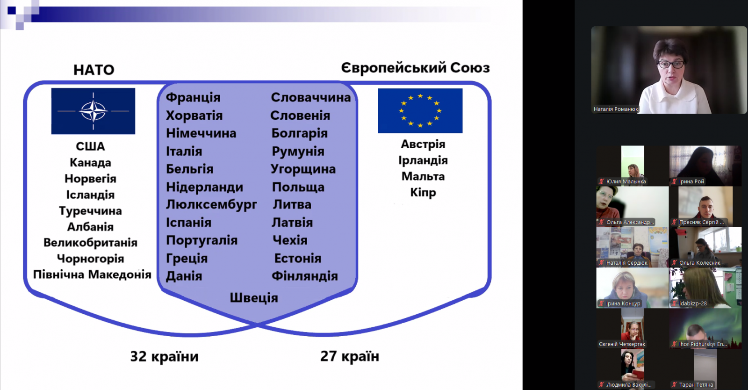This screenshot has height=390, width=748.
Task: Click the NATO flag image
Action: pos(93,111)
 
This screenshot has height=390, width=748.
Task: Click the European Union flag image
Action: pos(420,110)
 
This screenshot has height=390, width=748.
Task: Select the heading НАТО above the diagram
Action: pos(94,70)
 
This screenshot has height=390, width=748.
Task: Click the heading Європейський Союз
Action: pos(416,68)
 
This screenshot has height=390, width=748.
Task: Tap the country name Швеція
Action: pos(254,298)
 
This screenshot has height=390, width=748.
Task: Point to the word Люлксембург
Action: pos(211,205)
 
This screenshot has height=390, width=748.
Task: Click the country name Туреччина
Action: pos(91,211)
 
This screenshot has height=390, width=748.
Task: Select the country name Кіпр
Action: pos(423,193)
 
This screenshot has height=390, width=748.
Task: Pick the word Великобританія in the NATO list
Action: pos(91,243)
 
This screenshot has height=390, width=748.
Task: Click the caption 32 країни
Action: pos(164,357)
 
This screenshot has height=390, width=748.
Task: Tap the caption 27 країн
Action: pos(350,356)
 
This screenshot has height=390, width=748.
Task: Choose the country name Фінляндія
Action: pos(304,276)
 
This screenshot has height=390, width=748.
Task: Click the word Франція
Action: pos(193,97)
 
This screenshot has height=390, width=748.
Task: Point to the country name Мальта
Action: pos(423,176)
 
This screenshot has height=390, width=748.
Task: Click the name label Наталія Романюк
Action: pos(616,109)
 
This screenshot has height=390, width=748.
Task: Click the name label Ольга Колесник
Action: pos(699,263)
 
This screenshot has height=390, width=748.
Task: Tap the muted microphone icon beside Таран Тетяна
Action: pos(674,385)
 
